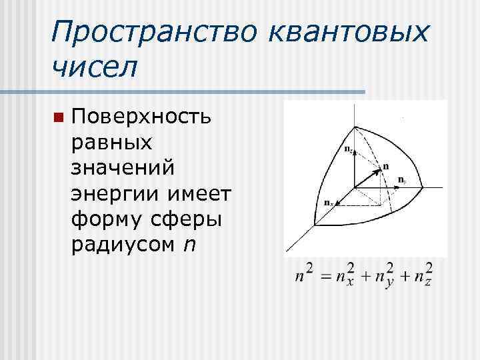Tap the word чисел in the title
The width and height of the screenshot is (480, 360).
pos(93,66)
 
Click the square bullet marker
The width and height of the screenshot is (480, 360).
pos(58,117)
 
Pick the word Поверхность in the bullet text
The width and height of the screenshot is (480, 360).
pos(142,117)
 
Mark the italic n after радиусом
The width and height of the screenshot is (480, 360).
pos(191,245)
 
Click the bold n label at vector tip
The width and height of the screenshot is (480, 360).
pos(387,165)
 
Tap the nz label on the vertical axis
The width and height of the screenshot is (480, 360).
pos(349,149)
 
